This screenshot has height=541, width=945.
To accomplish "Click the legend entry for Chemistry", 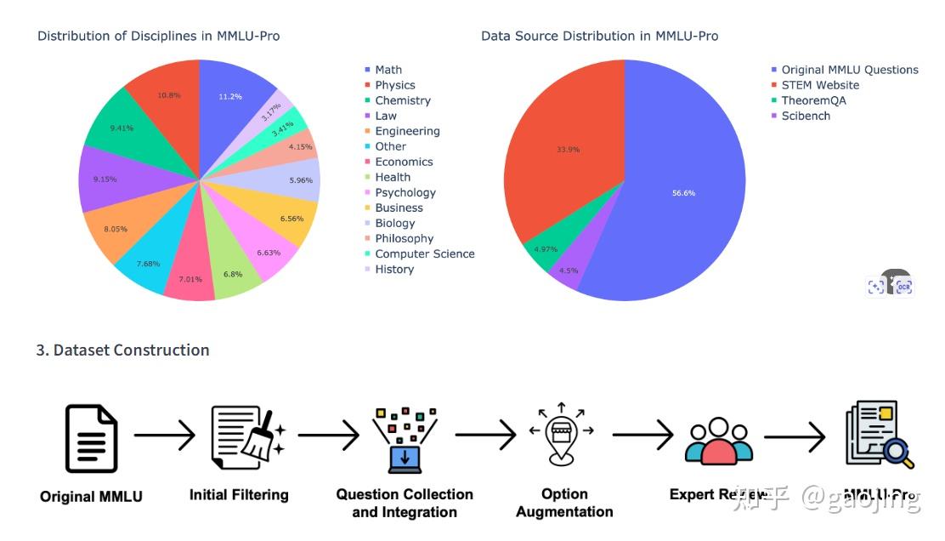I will tap(402, 100).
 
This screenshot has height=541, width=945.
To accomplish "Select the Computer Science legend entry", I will tap(424, 253).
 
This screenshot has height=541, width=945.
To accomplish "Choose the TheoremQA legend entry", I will tap(813, 100).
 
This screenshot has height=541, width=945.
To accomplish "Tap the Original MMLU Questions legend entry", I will tap(849, 70).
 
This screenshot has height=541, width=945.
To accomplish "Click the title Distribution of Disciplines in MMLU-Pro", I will tap(159, 36).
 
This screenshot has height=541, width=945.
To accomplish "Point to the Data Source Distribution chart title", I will tap(599, 36).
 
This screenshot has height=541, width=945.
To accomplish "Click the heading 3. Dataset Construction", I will tap(123, 350).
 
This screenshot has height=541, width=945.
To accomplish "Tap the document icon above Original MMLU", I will tap(92, 438).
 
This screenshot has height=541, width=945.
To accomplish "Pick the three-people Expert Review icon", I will tap(718, 441).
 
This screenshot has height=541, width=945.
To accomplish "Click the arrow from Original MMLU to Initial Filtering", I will tap(164, 437).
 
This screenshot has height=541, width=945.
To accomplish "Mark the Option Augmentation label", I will tap(564, 503).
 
